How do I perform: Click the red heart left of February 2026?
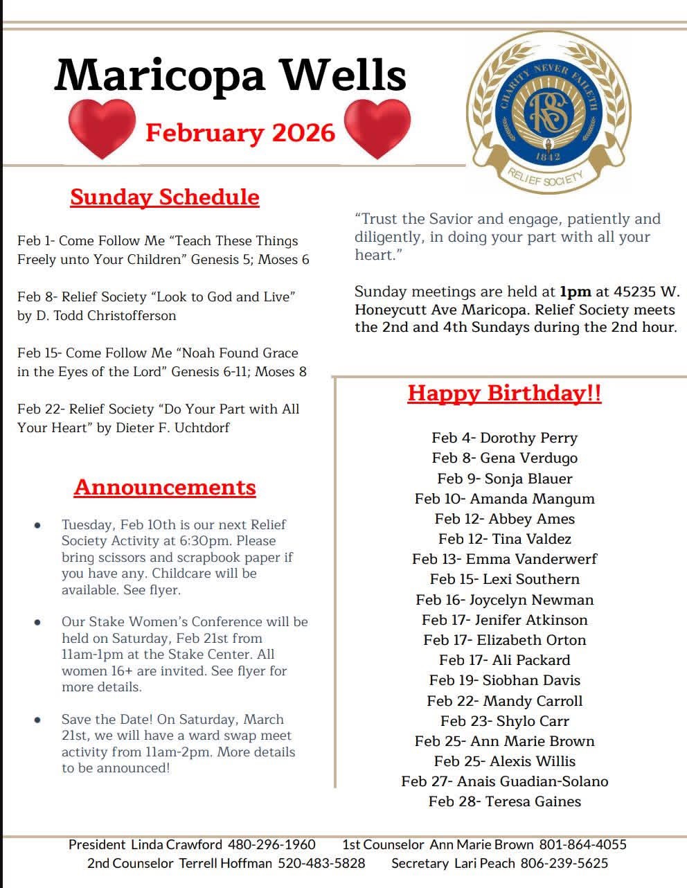[101, 128]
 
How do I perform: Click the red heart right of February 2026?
[377, 128]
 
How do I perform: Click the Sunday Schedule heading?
[165, 197]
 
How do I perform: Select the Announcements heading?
[165, 487]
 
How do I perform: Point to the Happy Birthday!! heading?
[504, 393]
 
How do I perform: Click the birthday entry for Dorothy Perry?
[504, 438]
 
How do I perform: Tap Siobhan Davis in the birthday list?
[504, 680]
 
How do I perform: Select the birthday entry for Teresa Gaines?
[504, 801]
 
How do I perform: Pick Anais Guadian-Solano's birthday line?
[504, 781]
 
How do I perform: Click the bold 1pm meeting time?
[576, 292]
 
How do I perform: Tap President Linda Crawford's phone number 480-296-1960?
[271, 844]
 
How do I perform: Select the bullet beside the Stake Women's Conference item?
[37, 622]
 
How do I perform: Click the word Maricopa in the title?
[159, 75]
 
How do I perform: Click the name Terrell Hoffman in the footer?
[226, 863]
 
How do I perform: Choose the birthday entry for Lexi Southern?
[504, 579]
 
